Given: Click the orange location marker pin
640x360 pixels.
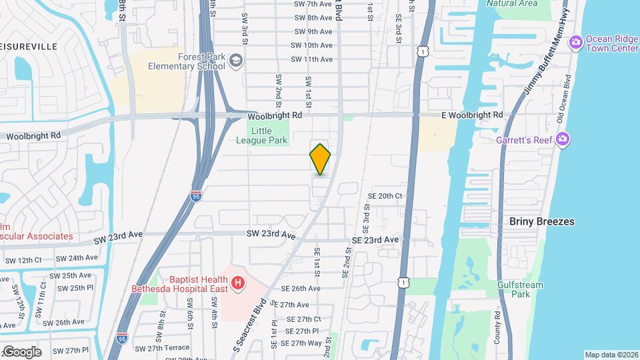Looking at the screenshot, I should (321, 159).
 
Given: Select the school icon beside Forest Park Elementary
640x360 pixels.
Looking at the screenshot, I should (236, 61).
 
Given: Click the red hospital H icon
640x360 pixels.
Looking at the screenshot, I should (237, 285).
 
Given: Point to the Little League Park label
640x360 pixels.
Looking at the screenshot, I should (262, 135).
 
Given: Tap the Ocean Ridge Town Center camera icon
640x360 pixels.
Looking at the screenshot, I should (575, 43).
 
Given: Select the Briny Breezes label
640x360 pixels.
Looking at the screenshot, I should (541, 221).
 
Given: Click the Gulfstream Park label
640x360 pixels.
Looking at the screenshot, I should (520, 289).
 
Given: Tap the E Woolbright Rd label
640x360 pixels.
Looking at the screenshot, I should (472, 115).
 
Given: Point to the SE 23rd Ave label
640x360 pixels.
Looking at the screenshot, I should (374, 239).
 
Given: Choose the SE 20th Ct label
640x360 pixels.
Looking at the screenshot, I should (386, 196).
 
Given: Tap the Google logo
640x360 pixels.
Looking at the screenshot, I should (21, 352).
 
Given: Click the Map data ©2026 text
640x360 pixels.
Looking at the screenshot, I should (611, 355).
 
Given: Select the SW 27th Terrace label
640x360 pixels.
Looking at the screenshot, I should (162, 348).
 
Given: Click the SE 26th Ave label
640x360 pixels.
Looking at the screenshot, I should (300, 288).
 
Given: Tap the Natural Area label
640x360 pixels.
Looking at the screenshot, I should (512, 3).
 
